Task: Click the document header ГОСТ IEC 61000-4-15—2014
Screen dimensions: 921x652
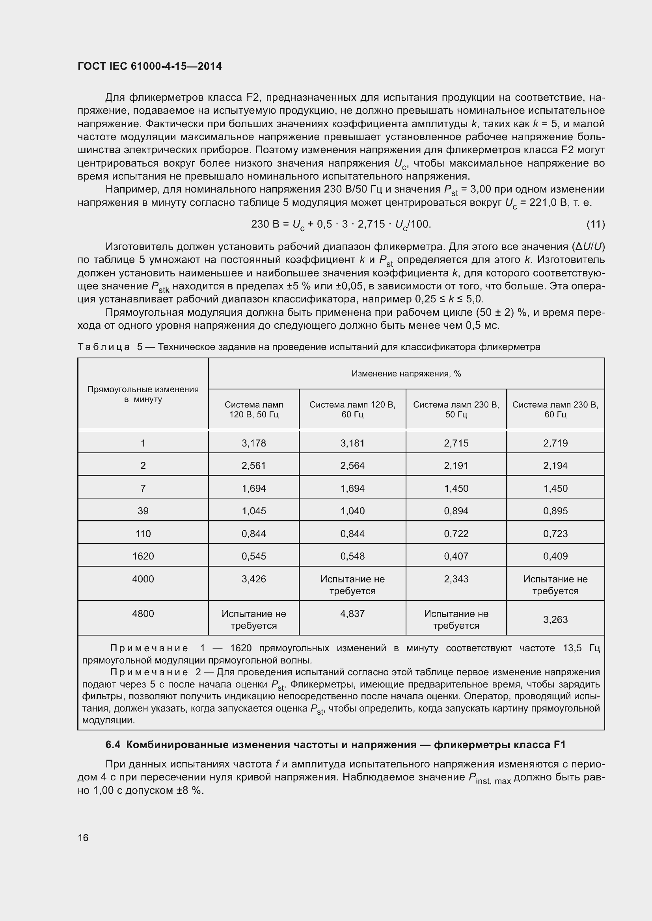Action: click(x=149, y=66)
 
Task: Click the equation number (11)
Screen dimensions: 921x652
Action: click(x=595, y=224)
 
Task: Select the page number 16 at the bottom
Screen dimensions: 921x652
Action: click(x=83, y=838)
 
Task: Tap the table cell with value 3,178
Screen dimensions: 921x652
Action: click(x=254, y=443)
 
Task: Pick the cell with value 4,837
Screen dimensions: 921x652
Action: click(x=352, y=614)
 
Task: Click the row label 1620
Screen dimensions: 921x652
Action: click(x=143, y=556)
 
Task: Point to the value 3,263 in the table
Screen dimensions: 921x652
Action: click(x=555, y=620)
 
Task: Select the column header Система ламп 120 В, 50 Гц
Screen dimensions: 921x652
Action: click(x=254, y=410)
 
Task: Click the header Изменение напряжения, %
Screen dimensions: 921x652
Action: click(x=406, y=374)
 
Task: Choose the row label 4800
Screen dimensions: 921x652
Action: click(x=143, y=614)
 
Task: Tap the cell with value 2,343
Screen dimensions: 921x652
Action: click(x=456, y=579)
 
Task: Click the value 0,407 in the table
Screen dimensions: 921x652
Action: click(x=456, y=556)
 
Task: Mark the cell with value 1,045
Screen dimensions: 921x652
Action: click(x=254, y=511)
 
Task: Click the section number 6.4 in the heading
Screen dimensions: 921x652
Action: click(x=113, y=745)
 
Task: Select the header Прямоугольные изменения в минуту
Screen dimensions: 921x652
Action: click(x=143, y=394)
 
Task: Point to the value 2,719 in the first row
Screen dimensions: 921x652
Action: click(x=555, y=443)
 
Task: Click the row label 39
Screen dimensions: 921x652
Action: click(x=143, y=511)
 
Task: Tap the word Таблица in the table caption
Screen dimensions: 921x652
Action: click(x=104, y=347)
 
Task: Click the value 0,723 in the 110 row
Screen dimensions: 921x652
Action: click(x=555, y=534)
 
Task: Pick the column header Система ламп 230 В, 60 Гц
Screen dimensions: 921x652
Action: click(x=555, y=410)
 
